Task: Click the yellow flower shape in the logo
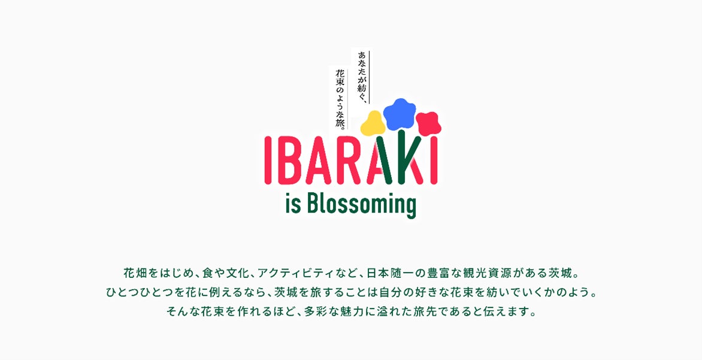[x=373, y=124]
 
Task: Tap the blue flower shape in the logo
[x=400, y=114]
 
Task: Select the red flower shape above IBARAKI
[x=428, y=123]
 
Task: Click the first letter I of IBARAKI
[x=267, y=161]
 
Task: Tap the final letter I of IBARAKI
[x=434, y=161]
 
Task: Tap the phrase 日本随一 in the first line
[x=388, y=272]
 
